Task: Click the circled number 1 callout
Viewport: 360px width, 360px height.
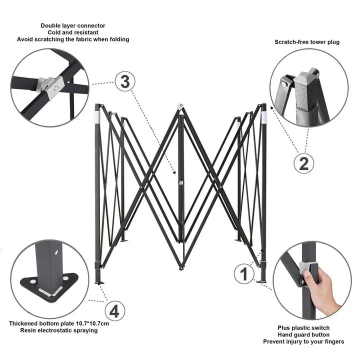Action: (x=244, y=273)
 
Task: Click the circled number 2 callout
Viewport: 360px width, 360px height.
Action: (x=304, y=163)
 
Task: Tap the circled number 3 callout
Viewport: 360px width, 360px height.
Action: (x=125, y=81)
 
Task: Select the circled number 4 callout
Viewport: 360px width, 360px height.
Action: (x=115, y=311)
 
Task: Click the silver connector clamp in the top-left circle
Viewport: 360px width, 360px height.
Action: (x=51, y=86)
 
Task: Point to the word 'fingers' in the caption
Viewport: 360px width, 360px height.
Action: (x=334, y=341)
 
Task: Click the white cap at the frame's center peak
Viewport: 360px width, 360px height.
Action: (x=180, y=106)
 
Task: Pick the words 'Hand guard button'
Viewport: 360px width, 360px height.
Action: (x=303, y=334)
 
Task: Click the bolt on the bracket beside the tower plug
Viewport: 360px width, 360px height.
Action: (x=284, y=84)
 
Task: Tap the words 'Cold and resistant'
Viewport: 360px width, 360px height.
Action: (x=73, y=32)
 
